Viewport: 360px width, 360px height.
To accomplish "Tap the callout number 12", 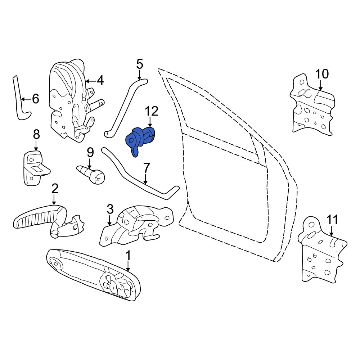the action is [x=151, y=111].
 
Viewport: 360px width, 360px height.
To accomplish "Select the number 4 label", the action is [x=100, y=81].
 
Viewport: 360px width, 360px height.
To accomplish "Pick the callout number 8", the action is [x=36, y=135].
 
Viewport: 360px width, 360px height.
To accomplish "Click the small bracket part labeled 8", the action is [x=35, y=167].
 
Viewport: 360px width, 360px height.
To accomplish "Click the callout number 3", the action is [x=110, y=209].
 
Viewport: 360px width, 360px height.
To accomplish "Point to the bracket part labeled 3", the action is [x=136, y=226].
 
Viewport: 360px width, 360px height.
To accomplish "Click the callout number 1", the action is [x=128, y=255].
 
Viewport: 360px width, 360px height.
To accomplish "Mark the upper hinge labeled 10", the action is [x=312, y=105].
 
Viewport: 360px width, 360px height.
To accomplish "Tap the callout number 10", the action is [x=322, y=74].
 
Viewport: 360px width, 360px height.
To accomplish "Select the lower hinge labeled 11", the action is [x=322, y=250].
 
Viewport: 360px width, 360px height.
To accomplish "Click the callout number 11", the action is [x=332, y=220].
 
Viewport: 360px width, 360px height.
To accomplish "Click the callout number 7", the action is [x=146, y=168].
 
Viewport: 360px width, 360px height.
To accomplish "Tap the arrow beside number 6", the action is [x=26, y=99].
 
